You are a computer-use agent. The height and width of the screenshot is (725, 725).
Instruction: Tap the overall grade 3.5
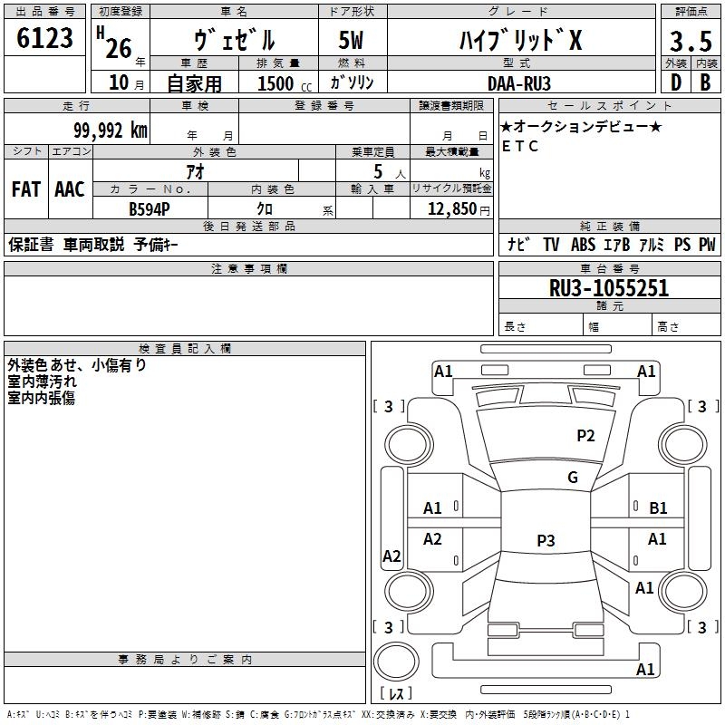pyautogui.click(x=691, y=41)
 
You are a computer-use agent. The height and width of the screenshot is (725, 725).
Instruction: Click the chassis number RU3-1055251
pyautogui.click(x=609, y=288)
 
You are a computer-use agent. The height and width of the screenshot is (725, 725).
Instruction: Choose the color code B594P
pyautogui.click(x=150, y=208)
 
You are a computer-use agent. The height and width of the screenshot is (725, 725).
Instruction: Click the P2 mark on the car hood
pyautogui.click(x=586, y=436)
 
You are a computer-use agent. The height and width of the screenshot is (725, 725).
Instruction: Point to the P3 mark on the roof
pyautogui.click(x=546, y=541)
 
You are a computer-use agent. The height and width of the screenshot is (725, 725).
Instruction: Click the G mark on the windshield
pyautogui.click(x=573, y=478)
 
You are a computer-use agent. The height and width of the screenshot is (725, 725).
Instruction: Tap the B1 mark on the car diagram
pyautogui.click(x=658, y=508)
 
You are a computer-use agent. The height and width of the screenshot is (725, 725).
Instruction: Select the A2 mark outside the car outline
pyautogui.click(x=391, y=556)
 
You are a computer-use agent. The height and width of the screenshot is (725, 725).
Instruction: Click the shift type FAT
pyautogui.click(x=25, y=189)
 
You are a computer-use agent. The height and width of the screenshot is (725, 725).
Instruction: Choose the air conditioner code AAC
pyautogui.click(x=69, y=189)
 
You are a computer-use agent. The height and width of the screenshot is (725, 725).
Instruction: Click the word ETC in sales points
pyautogui.click(x=520, y=146)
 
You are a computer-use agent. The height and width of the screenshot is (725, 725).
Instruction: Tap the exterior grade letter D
pyautogui.click(x=674, y=82)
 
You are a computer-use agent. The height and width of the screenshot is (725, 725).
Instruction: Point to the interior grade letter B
pyautogui.click(x=706, y=82)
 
